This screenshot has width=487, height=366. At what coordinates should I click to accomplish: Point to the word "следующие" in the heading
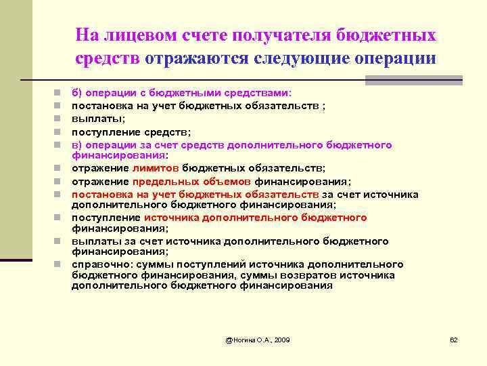pyautogui.click(x=300, y=58)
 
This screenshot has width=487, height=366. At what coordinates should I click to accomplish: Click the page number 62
pyautogui.click(x=454, y=339)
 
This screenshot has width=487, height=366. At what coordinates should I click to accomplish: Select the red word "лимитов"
pyautogui.click(x=156, y=168)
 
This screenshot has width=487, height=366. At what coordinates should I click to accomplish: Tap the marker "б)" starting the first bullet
pyautogui.click(x=77, y=93)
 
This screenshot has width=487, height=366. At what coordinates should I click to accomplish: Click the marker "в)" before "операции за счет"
pyautogui.click(x=77, y=144)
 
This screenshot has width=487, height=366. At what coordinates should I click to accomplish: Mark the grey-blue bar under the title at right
pyautogui.click(x=413, y=81)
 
